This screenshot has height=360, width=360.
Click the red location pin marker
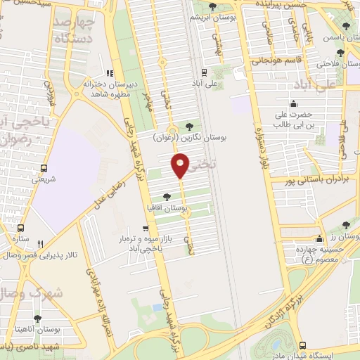180,166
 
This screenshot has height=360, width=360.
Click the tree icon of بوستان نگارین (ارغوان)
188,127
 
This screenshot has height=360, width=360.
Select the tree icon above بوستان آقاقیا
166,198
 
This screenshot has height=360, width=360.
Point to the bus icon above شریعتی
44,168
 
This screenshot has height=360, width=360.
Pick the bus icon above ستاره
20,228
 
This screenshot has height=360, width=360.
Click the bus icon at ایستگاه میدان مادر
303,345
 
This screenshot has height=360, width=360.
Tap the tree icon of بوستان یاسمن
341,53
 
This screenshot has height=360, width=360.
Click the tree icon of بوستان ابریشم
212,6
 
